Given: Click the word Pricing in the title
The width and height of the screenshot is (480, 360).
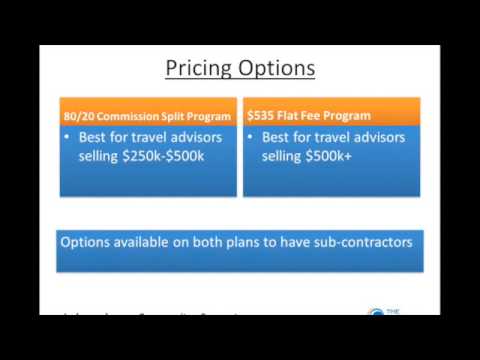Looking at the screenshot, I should click(x=198, y=68).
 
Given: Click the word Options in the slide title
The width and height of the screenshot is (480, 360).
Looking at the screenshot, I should click(x=274, y=68).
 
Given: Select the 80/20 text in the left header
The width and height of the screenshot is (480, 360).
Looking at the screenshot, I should click(x=77, y=116).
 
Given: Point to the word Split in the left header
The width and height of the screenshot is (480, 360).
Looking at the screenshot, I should click(x=174, y=116).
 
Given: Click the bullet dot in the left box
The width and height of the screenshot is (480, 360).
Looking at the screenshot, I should click(x=68, y=137).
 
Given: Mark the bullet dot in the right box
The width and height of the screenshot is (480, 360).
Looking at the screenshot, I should click(x=252, y=137).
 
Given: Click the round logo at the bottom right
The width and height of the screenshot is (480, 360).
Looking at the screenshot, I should click(x=377, y=313).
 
